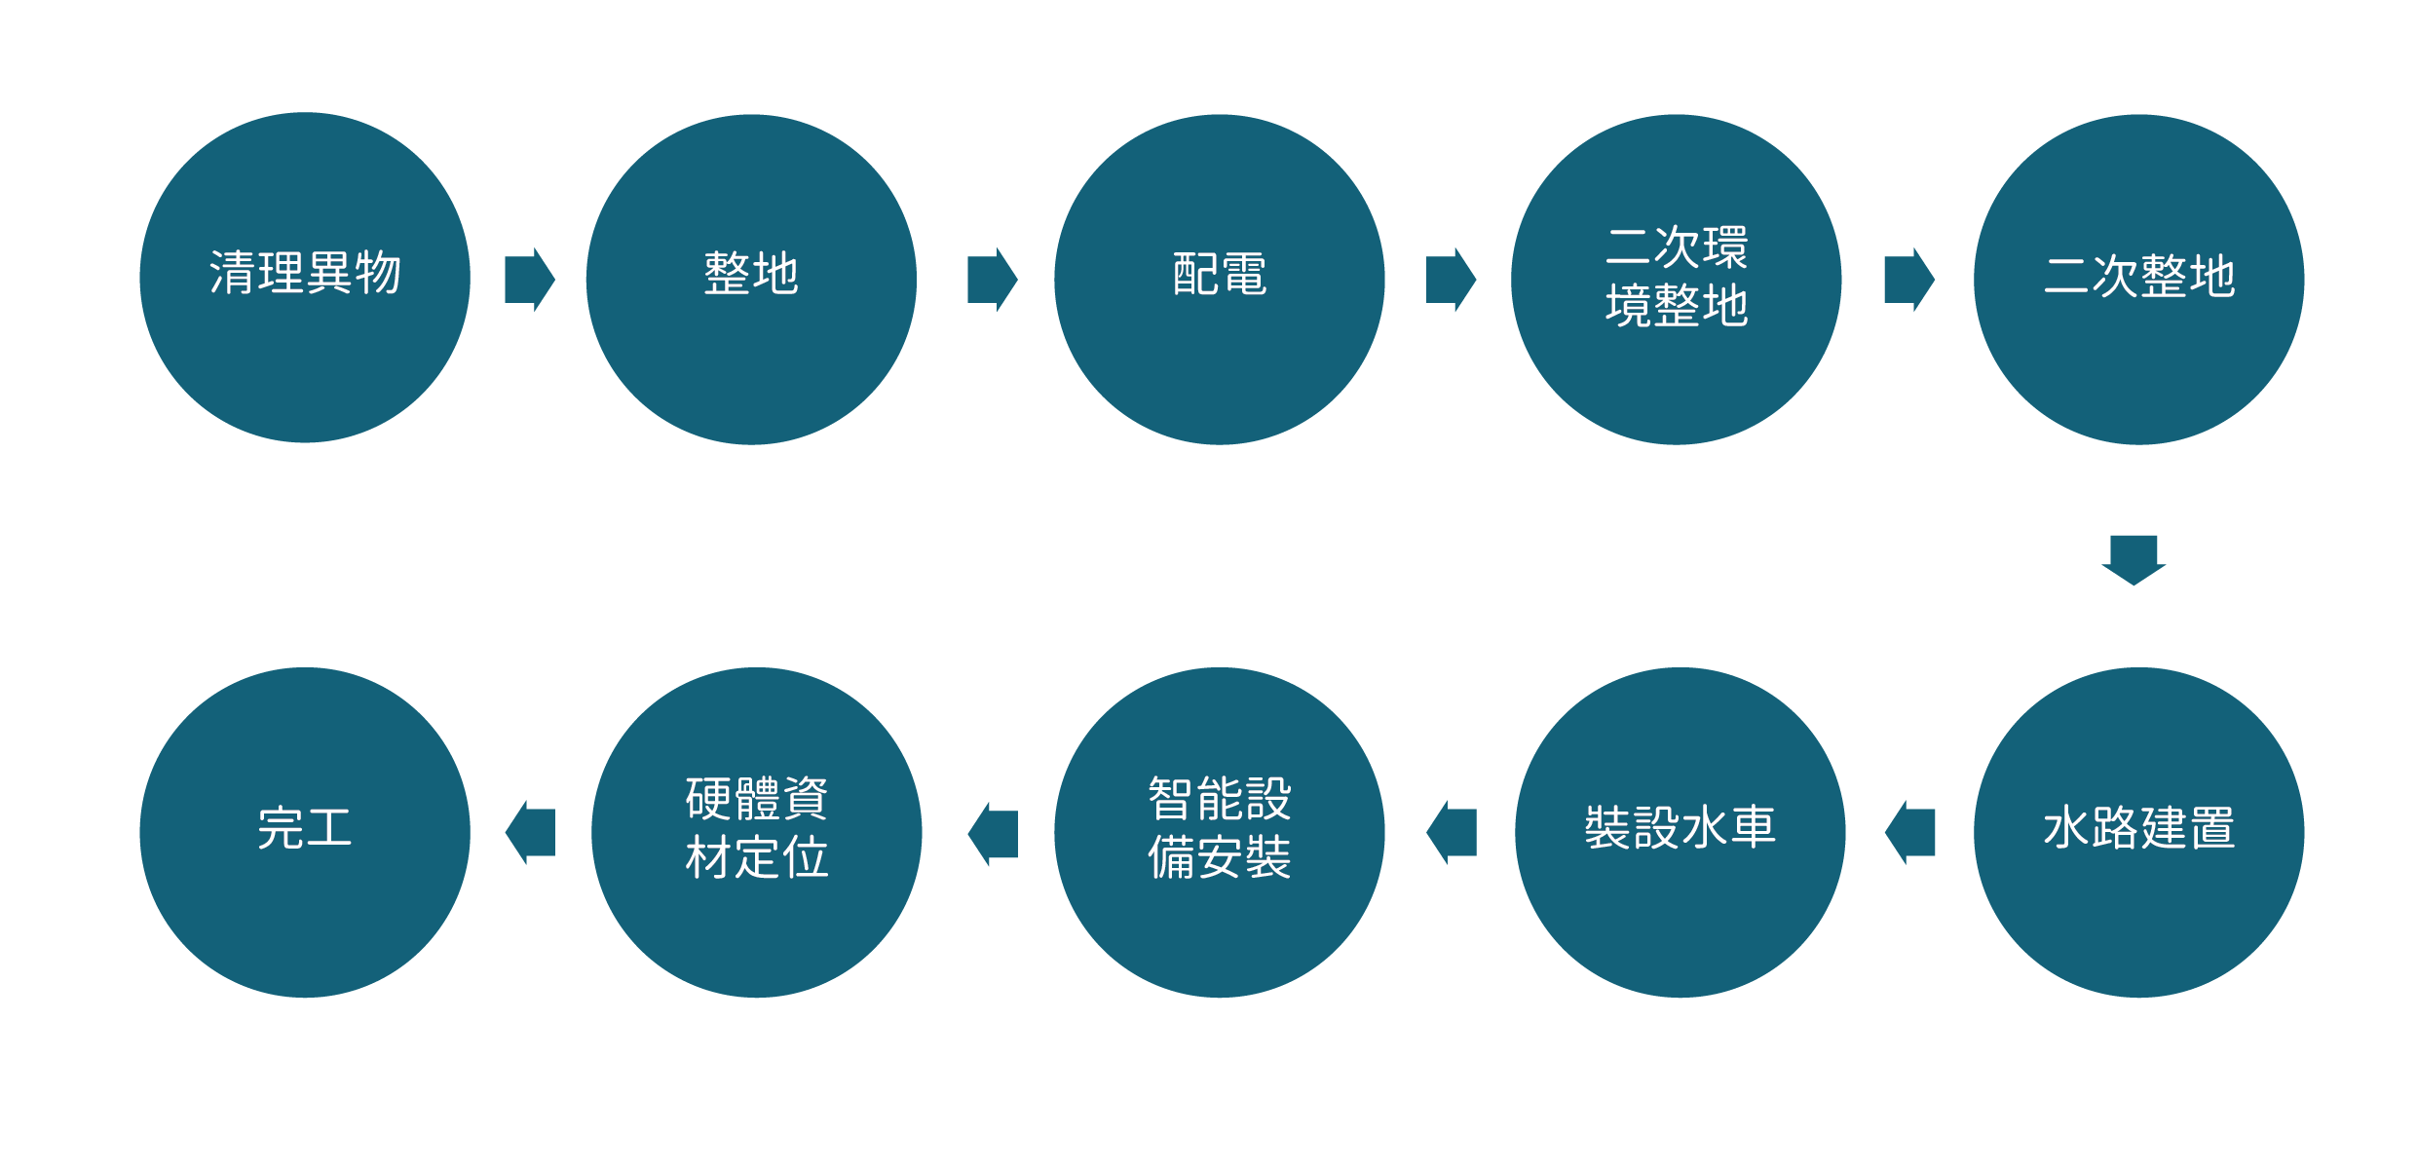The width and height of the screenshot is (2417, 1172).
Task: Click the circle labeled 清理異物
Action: coord(305,278)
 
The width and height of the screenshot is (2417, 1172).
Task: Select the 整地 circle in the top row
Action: coord(751,280)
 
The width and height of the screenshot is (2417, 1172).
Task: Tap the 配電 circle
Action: coord(1220,280)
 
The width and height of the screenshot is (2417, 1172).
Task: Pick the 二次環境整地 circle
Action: coord(1677,280)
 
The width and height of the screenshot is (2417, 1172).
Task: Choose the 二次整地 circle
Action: coord(2139,280)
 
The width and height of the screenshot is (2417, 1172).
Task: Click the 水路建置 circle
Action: coord(2139,833)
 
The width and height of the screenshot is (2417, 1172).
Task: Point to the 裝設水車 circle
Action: coord(1681,833)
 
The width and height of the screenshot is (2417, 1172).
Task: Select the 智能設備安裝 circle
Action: coord(1220,833)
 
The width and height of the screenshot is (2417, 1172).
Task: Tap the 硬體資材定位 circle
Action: coord(757,833)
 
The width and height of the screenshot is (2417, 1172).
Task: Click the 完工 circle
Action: coord(305,833)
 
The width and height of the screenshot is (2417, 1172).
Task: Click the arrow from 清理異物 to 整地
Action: coord(530,280)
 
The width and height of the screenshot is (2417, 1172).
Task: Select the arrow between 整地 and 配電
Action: coord(993,280)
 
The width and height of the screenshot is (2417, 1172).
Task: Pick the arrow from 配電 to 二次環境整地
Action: coord(1452,280)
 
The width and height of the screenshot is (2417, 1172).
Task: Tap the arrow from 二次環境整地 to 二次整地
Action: coord(1910,280)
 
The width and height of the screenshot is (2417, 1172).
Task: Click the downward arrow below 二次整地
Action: coord(2134,560)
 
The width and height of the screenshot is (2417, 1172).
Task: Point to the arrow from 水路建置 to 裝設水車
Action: coord(1909,833)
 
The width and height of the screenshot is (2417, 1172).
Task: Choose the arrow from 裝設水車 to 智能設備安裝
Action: coord(1452,833)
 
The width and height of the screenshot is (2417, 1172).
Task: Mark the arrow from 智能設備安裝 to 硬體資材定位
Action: coord(993,834)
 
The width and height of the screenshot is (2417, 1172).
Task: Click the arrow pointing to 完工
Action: coord(530,833)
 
